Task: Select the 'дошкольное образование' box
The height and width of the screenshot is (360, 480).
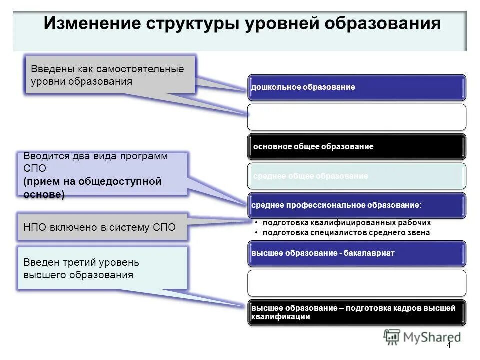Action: pos(357,87)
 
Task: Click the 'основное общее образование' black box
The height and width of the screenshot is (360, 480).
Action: pos(357,146)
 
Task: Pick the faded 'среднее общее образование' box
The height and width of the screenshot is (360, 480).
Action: pos(357,176)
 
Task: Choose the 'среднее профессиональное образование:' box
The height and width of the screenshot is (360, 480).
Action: pos(357,205)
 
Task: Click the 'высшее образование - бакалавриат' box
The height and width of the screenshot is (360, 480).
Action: pos(357,253)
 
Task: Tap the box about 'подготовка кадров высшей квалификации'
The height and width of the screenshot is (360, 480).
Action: pos(357,312)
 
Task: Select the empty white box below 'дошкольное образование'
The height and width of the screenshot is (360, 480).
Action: pos(357,117)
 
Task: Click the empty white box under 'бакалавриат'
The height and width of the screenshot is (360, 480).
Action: pos(357,283)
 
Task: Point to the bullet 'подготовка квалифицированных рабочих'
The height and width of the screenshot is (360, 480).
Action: pos(347,223)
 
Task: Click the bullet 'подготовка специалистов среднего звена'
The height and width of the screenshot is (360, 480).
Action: pos(346,233)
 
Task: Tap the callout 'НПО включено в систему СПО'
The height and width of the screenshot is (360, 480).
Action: pos(103,227)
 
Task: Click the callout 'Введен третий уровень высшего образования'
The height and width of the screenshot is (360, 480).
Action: pos(103,268)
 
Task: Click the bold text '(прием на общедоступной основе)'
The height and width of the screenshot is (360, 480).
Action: pos(93,188)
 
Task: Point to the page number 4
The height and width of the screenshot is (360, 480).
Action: pos(448,345)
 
